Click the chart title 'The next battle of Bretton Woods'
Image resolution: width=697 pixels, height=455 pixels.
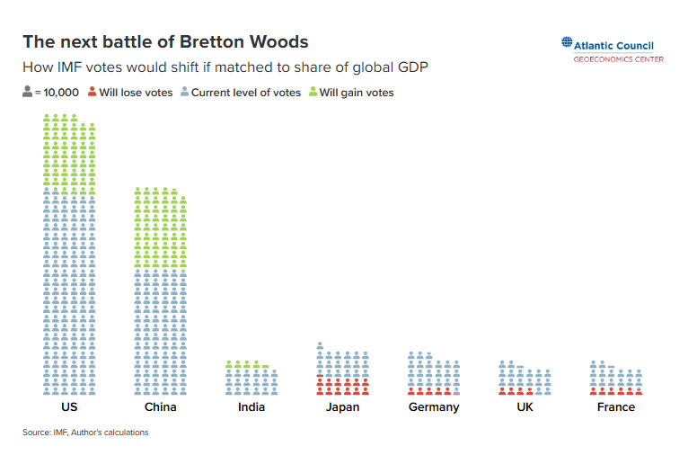(x=165, y=42)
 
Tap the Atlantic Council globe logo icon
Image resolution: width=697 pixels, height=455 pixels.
(x=567, y=42)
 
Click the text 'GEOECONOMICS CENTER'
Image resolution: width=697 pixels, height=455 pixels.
(x=619, y=59)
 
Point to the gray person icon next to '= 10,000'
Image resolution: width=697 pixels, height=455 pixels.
(x=27, y=92)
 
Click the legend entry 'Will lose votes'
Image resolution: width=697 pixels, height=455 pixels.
(x=131, y=93)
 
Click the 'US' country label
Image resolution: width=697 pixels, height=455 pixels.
(x=70, y=407)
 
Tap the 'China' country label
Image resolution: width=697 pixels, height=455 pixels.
(x=161, y=407)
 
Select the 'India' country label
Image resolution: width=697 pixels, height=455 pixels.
(x=251, y=407)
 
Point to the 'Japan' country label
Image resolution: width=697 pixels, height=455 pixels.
(x=342, y=407)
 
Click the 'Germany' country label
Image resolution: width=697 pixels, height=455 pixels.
(x=434, y=407)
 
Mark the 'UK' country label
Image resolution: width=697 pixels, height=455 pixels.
(x=525, y=407)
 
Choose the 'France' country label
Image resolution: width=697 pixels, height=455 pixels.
(x=615, y=407)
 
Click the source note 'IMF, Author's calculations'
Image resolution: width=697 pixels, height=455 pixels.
(x=85, y=433)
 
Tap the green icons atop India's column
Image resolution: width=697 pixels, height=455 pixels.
(x=247, y=364)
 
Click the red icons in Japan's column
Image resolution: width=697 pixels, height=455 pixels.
(x=342, y=387)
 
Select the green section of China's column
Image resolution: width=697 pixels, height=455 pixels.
(x=161, y=229)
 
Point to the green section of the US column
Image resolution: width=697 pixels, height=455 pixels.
(x=70, y=153)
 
